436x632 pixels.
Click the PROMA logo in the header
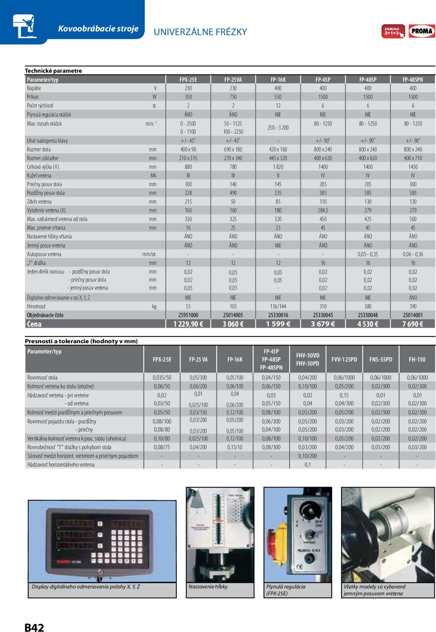(x=422, y=31)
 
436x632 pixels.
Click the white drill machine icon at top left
(x=25, y=26)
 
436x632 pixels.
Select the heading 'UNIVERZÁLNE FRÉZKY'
(x=200, y=32)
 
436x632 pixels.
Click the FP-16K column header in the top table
(x=278, y=80)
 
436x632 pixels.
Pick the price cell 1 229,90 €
(x=188, y=324)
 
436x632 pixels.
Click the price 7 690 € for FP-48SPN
(x=412, y=324)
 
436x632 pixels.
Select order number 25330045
(x=323, y=315)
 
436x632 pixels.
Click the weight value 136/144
(x=278, y=306)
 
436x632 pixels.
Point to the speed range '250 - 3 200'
(x=278, y=128)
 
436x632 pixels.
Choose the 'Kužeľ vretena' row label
(x=39, y=176)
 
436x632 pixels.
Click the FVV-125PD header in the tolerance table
(x=344, y=359)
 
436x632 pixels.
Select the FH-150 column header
(x=417, y=359)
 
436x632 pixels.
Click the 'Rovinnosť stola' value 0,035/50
(x=162, y=377)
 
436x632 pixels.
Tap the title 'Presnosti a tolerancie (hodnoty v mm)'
(x=81, y=341)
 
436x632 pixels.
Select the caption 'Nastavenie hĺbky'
(x=208, y=587)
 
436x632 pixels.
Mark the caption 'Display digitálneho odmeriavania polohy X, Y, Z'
(x=86, y=587)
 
